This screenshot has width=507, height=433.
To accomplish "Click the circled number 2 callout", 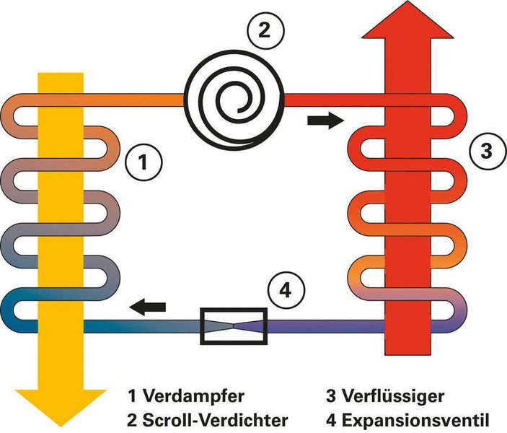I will pos(265,31).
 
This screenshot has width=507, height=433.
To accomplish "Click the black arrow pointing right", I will pos(322,121).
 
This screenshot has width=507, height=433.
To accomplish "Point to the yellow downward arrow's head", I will pos(61,408).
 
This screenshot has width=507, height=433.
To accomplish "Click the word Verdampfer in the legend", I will pos(183,396).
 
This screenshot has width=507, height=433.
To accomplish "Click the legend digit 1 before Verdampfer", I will pos(132,396).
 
